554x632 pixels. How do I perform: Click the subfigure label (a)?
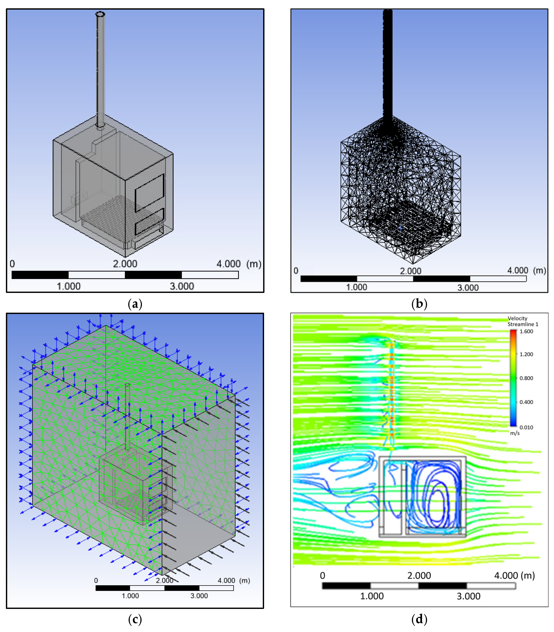click(x=135, y=304)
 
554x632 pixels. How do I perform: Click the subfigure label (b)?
click(x=419, y=304)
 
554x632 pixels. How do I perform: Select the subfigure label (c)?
click(x=135, y=619)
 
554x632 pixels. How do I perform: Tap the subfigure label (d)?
click(x=419, y=619)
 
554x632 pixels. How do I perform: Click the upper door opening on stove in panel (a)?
click(x=149, y=193)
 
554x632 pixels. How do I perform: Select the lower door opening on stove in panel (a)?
click(x=149, y=221)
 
